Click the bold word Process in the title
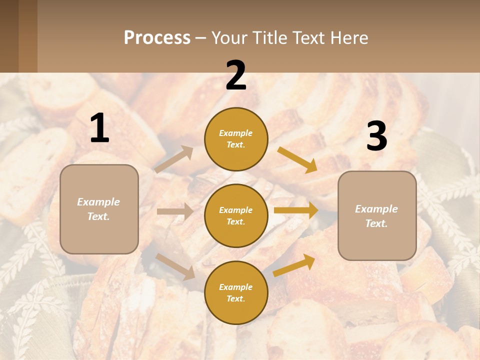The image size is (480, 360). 157,38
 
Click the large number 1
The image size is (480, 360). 99,128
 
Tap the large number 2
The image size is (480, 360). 236,76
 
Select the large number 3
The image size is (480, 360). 376,136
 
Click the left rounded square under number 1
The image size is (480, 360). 99,209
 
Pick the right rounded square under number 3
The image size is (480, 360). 377,216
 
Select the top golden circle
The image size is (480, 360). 236,139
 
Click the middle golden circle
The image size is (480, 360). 236,216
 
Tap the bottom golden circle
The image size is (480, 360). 236,293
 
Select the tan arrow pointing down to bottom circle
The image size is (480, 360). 175,266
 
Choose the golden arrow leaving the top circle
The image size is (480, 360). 297,159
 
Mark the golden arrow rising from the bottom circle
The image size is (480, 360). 294,265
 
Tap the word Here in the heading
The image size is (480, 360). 350,38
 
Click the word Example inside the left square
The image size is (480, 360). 98,202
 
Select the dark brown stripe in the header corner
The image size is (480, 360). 9,36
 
